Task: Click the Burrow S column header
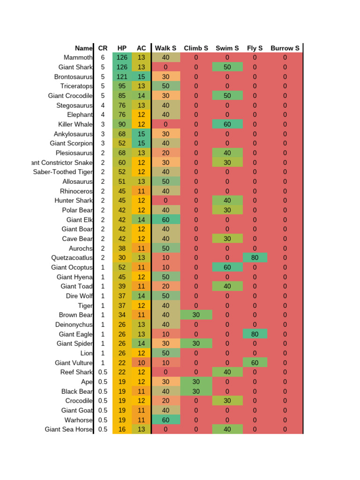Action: pos(285,48)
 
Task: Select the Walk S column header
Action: pos(165,48)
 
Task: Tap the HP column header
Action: pos(122,48)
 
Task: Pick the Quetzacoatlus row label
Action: pos(72,258)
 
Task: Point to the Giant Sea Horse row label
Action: pos(69,429)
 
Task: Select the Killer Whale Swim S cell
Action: pos(227,124)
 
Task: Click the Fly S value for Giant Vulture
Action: pos(255,363)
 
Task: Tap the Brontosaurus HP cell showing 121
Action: pos(122,76)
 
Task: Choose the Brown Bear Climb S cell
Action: pos(196,315)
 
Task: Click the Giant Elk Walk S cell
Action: pos(165,219)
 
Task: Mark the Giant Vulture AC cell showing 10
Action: pos(141,363)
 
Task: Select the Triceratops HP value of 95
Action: pos(122,86)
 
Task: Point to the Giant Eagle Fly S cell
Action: pos(255,334)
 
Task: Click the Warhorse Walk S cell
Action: pos(165,420)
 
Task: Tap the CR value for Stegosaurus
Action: pos(103,105)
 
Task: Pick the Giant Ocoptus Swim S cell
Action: pos(227,267)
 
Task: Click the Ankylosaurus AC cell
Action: pos(141,134)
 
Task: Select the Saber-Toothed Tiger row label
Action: pos(63,172)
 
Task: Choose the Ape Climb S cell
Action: pos(196,382)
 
